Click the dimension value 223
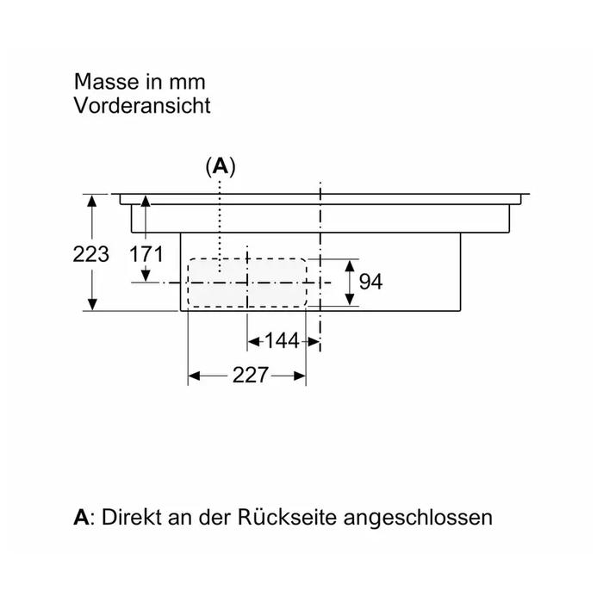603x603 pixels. (x=91, y=254)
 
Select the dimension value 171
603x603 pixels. (x=146, y=254)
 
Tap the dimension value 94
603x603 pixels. (x=370, y=282)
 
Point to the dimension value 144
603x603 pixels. (x=282, y=341)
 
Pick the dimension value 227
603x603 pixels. (x=251, y=375)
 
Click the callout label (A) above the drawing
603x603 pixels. (x=221, y=166)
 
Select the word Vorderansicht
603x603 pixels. (x=142, y=105)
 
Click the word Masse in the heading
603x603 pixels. (x=107, y=82)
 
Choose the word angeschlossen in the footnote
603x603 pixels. (x=418, y=518)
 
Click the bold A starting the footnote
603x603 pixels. (x=81, y=517)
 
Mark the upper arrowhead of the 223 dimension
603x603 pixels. (x=92, y=201)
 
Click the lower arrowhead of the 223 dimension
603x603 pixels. (x=92, y=304)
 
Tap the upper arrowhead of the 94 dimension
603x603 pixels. (x=349, y=266)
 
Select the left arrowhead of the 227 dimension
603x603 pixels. (x=194, y=376)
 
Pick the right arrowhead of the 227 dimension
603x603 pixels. (x=300, y=376)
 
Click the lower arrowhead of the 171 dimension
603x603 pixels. (x=146, y=276)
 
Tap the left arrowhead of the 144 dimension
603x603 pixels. (x=253, y=341)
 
